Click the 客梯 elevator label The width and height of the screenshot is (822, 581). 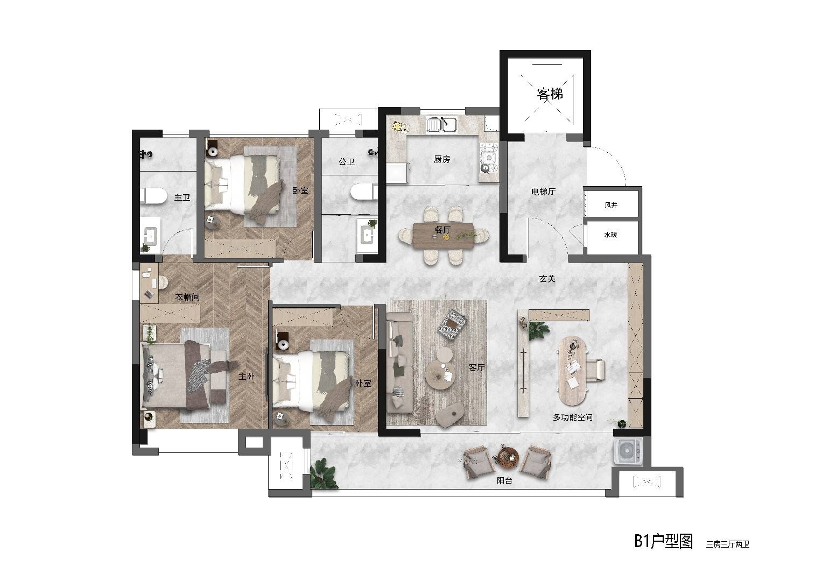pyautogui.click(x=549, y=94)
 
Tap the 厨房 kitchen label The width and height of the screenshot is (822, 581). pyautogui.click(x=442, y=159)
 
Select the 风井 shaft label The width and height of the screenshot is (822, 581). pyautogui.click(x=611, y=205)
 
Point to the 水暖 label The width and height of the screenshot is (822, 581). pyautogui.click(x=610, y=235)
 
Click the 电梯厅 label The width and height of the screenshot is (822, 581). pyautogui.click(x=544, y=192)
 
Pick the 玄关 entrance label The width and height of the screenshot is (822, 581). pyautogui.click(x=547, y=279)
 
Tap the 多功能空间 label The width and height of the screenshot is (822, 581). pyautogui.click(x=573, y=417)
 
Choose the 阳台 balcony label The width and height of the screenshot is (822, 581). pyautogui.click(x=504, y=480)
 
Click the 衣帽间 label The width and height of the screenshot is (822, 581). pyautogui.click(x=187, y=297)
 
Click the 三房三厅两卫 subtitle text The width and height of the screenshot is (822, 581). pyautogui.click(x=728, y=544)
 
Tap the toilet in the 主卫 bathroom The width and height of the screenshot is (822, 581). pyautogui.click(x=153, y=196)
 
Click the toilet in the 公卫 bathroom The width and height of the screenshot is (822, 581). pyautogui.click(x=364, y=192)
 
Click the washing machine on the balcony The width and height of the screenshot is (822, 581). pyautogui.click(x=628, y=451)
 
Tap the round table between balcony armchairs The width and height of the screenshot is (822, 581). pyautogui.click(x=508, y=457)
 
